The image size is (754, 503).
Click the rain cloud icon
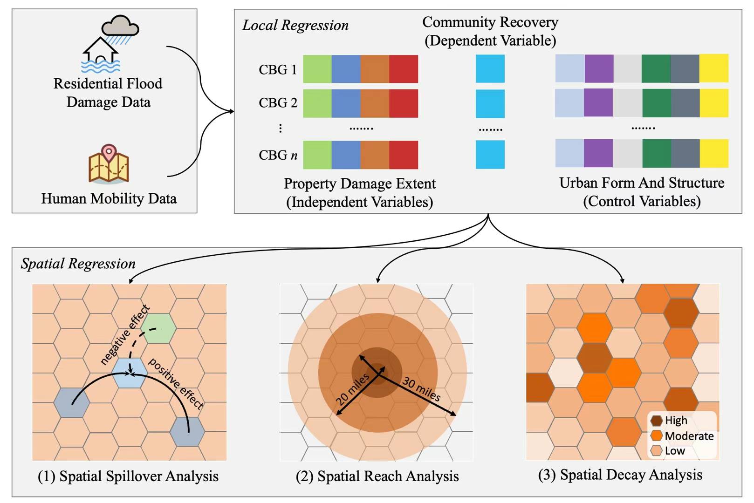[120, 26]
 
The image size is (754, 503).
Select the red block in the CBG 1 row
[404, 69]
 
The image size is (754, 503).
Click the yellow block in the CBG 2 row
[714, 103]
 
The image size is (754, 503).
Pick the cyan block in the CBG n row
[490, 155]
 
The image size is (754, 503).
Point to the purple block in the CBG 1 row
[599, 69]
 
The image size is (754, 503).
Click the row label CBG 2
[278, 103]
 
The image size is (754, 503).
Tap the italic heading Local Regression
[295, 25]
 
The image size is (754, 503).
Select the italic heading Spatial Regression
[78, 264]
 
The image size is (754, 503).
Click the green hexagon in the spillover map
[158, 328]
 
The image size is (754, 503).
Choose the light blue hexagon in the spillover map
[130, 373]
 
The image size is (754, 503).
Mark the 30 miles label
[421, 389]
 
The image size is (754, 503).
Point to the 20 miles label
[353, 389]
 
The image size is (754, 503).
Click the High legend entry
[676, 421]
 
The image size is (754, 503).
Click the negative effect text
[125, 334]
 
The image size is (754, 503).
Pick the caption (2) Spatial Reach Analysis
[377, 476]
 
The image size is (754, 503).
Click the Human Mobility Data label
[109, 198]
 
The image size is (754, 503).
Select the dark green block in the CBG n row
[657, 153]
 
